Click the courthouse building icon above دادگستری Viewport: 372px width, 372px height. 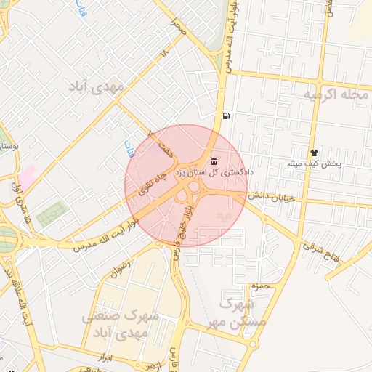click(213, 161)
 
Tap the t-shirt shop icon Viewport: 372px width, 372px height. click(314, 153)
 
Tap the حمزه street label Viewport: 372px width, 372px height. click(259, 286)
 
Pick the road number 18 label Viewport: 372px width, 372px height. click(164, 53)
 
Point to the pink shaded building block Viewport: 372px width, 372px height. click(28, 176)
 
